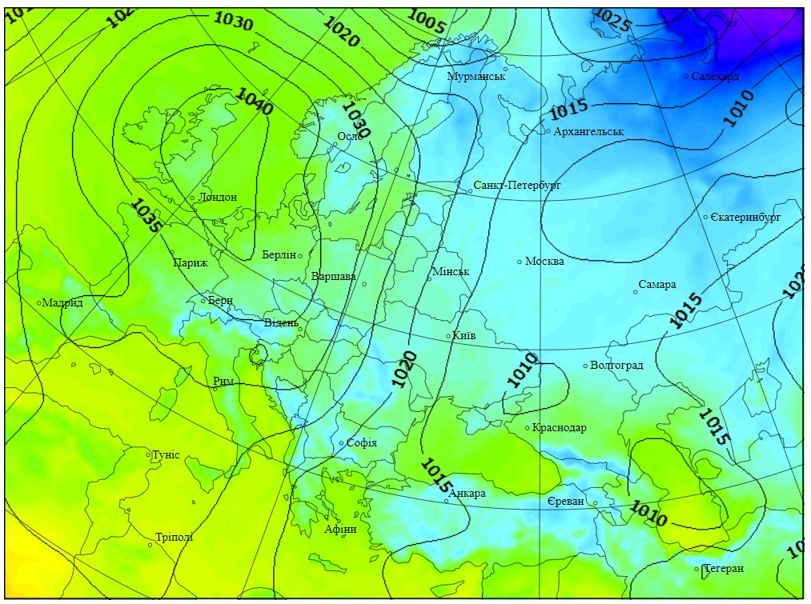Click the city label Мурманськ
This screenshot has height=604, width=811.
coord(476,76)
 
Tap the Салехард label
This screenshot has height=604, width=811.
coord(715,76)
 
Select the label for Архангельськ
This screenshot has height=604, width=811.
coord(588,131)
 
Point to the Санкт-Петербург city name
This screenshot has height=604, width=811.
coord(517,185)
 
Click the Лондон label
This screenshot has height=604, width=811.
coord(218,197)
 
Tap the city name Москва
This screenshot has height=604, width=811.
coord(544,261)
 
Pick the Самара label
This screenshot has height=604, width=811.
coord(657,285)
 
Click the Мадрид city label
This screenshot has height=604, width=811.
coord(63,302)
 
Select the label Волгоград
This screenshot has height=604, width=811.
coord(616,366)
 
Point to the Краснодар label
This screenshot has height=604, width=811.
coord(559,428)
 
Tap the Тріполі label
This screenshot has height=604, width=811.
coord(175,538)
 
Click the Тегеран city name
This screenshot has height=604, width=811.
coord(724,569)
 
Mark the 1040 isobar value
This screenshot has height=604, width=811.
coord(255,102)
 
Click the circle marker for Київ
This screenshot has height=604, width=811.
coord(448,336)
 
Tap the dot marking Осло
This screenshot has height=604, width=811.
coord(335,145)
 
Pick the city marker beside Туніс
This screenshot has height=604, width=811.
coord(148,455)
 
